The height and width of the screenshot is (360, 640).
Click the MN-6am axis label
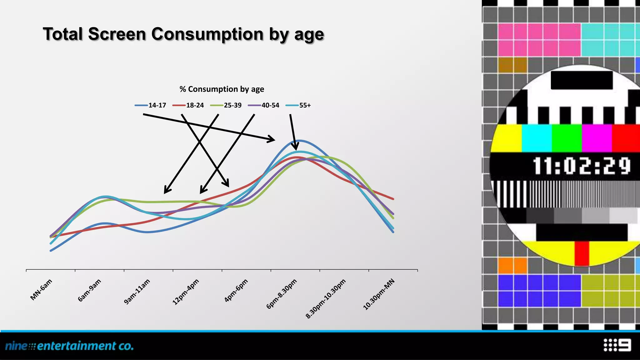41,290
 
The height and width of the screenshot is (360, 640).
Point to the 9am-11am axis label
137,292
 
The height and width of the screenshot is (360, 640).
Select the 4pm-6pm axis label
236,290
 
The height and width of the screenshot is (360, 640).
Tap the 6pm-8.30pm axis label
281,294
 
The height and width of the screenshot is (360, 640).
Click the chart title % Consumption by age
222,89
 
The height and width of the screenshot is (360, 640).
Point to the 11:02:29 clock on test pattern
582,166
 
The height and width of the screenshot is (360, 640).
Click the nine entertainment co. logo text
69,346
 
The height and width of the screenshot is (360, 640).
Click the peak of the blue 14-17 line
299,141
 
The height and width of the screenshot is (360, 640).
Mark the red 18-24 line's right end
393,199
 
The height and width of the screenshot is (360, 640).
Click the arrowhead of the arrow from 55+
296,147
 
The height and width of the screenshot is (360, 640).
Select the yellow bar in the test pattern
506,138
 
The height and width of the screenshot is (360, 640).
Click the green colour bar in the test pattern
566,138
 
